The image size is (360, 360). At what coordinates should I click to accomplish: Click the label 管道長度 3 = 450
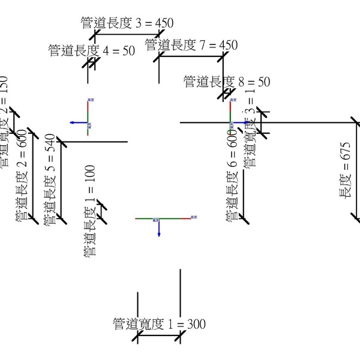(127, 23)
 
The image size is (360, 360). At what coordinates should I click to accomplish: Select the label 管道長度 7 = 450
(191, 45)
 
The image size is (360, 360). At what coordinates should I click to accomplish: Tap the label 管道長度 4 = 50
(92, 51)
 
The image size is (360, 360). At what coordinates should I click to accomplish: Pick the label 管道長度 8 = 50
(227, 82)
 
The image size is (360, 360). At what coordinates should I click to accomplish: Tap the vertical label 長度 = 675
(345, 171)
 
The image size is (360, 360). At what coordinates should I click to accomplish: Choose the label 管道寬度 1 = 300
(159, 325)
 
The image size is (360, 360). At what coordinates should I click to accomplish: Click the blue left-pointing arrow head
(71, 122)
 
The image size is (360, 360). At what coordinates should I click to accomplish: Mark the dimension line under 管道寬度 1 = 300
(159, 338)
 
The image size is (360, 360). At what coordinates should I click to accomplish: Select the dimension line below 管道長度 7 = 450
(191, 57)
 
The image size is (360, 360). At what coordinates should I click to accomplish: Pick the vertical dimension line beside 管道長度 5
(60, 180)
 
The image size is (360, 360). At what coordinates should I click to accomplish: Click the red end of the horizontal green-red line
(191, 219)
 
